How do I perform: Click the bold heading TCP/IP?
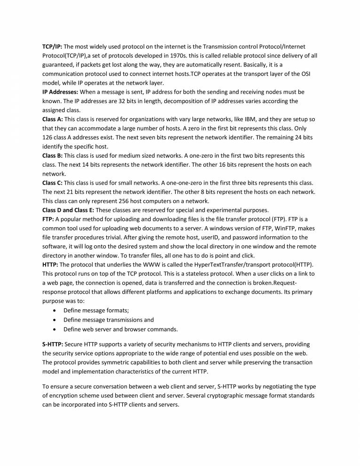tap(52, 47)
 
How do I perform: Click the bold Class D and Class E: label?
tap(68, 209)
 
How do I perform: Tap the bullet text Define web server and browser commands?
tap(120, 329)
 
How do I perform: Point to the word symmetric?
tap(111, 363)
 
